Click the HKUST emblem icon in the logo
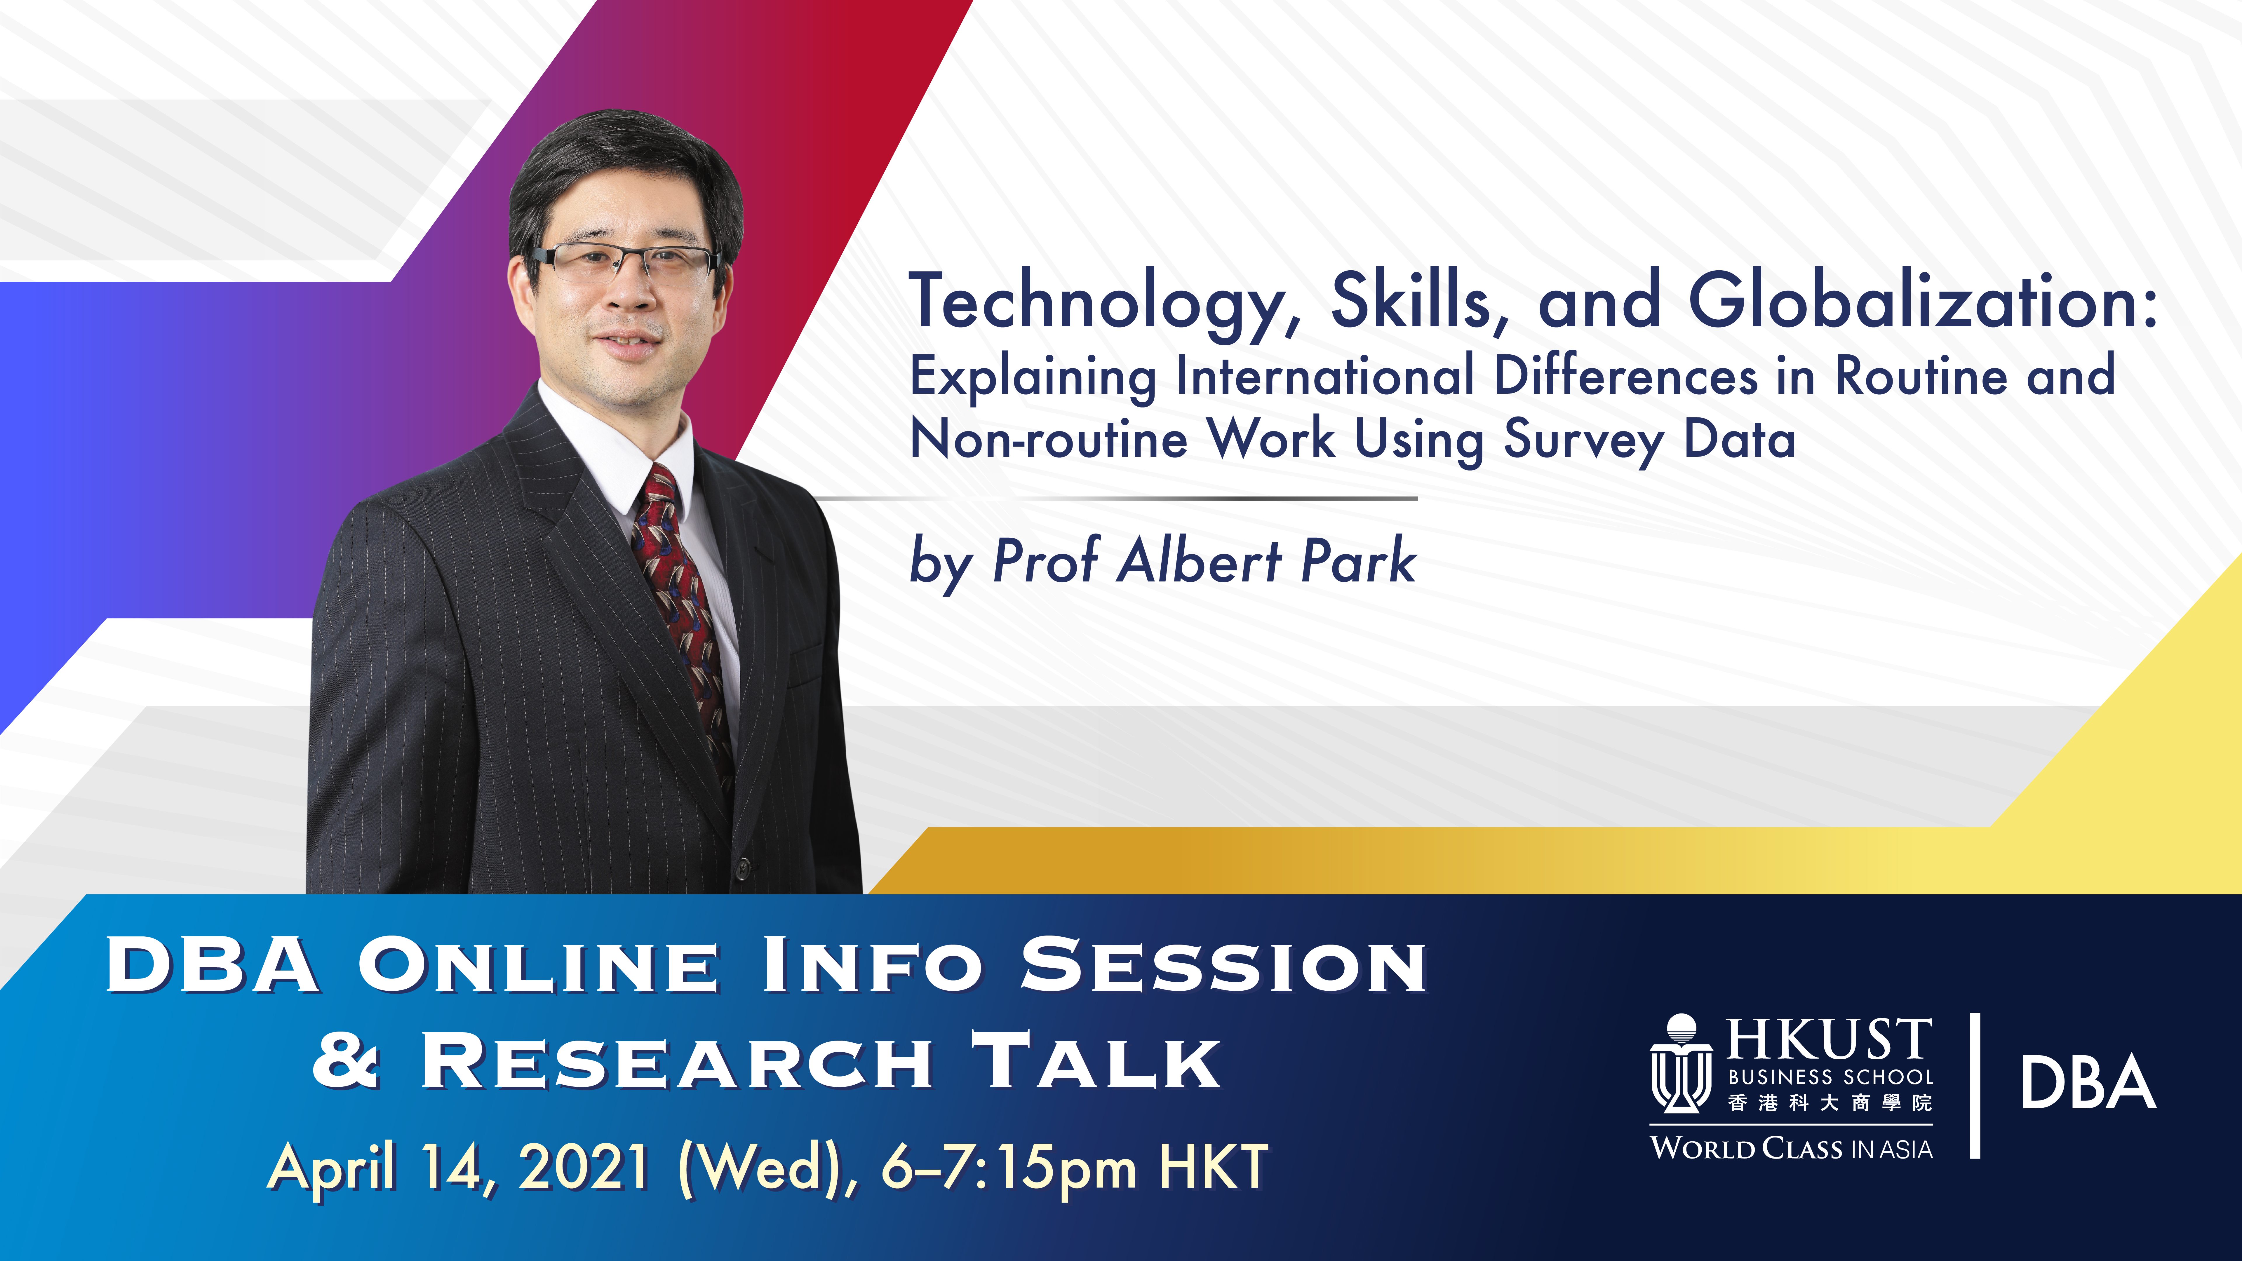[1681, 1063]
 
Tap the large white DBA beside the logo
[2088, 1082]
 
